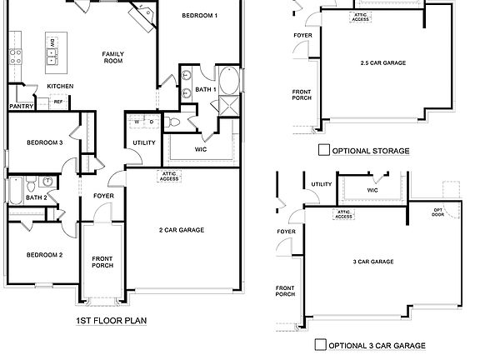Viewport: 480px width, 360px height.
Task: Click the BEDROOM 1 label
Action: (199, 16)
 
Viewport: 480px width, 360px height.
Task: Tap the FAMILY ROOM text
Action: (113, 58)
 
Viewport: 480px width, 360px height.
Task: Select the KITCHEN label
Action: (59, 87)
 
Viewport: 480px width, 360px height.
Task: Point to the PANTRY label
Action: (20, 106)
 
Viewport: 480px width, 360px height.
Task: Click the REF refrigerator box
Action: (58, 102)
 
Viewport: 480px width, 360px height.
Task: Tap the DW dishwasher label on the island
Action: (52, 42)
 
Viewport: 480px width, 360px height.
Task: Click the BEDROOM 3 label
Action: (44, 142)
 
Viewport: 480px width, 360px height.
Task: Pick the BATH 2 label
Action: (36, 197)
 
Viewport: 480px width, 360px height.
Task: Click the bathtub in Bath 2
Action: (15, 191)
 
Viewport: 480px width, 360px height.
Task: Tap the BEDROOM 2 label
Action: (44, 254)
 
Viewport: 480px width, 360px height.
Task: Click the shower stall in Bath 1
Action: (225, 105)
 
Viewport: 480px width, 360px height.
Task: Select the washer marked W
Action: (139, 122)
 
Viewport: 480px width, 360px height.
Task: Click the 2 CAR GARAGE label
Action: (181, 230)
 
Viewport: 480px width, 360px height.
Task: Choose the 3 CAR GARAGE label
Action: (372, 262)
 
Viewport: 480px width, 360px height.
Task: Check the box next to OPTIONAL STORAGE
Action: (323, 151)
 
